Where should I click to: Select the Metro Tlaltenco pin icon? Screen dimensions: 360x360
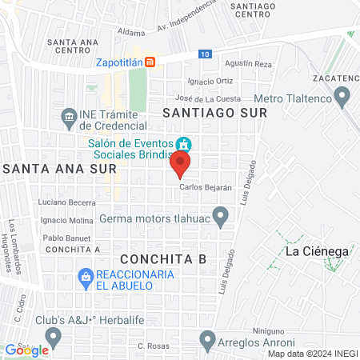coord(343,98)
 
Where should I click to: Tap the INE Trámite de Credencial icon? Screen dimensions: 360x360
coord(69,118)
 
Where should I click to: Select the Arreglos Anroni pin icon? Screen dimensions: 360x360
coord(207,338)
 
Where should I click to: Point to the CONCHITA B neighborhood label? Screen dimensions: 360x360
coord(163,259)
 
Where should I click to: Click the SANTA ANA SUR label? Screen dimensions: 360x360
coord(60,169)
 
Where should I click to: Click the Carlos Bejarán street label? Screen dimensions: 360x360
coord(206,187)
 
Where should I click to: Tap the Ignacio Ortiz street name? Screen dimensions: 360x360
coord(210,81)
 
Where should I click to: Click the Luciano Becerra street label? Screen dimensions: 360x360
coord(64,203)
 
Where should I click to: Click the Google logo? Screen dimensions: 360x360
coord(26,350)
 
